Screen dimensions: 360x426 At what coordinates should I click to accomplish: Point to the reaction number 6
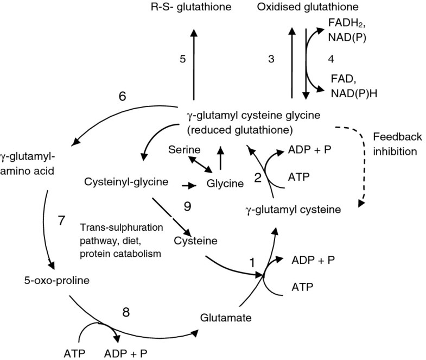pos(123,97)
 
